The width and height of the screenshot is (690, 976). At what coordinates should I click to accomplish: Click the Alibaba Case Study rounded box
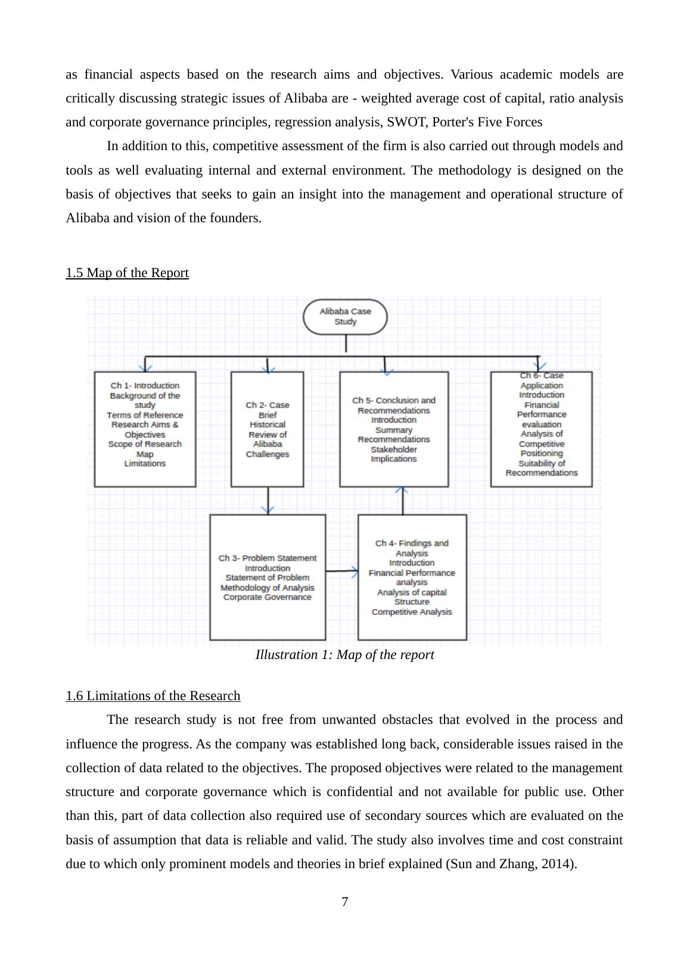pos(345,316)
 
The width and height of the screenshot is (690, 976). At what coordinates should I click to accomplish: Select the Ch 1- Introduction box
pos(145,428)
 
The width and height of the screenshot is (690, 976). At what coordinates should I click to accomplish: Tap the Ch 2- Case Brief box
pos(267,428)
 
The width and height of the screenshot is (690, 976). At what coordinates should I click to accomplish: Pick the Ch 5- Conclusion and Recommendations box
pos(394,428)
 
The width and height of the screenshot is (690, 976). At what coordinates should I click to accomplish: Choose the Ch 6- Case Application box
pos(541,428)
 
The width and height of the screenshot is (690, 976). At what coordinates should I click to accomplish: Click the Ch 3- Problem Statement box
pos(268,577)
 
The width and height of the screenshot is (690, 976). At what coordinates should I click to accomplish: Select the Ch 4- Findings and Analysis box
pos(412,577)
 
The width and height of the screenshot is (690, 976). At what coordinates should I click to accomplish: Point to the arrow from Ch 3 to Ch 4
pos(342,571)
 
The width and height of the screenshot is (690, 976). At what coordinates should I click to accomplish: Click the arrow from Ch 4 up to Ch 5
pos(402,501)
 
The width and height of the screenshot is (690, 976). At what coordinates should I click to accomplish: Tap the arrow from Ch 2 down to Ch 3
pos(268,501)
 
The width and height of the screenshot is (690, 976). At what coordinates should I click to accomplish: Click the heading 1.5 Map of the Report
pos(127,273)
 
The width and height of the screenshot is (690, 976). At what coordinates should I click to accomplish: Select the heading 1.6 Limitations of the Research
pos(153,696)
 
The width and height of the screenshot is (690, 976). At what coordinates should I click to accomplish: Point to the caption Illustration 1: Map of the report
pos(344,655)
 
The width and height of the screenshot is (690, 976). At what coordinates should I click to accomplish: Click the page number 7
pos(344,902)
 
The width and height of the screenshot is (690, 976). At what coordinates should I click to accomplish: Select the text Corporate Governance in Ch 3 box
pos(268,597)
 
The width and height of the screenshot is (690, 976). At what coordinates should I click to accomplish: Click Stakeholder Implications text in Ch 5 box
pos(394,454)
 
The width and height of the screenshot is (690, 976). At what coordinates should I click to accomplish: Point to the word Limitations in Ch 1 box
pos(145,464)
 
